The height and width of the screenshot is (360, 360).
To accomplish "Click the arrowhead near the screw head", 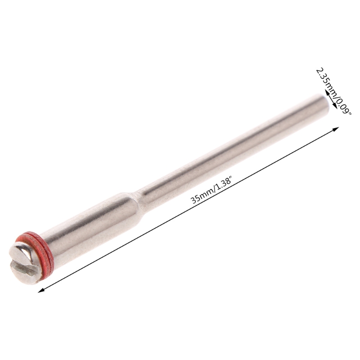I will point(41,290).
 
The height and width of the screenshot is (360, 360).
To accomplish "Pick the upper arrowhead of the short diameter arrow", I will point(325,92).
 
